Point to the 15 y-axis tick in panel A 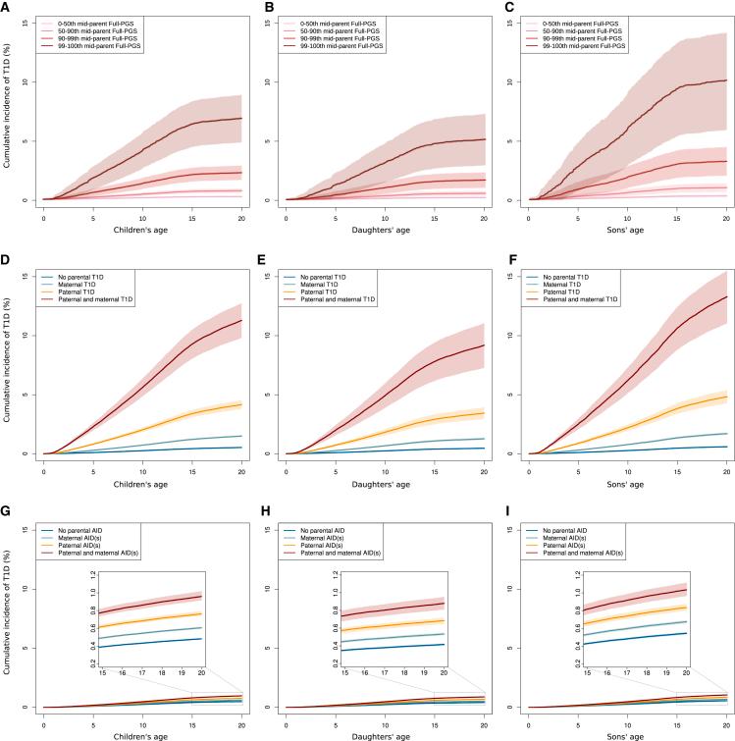[x=26, y=14]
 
